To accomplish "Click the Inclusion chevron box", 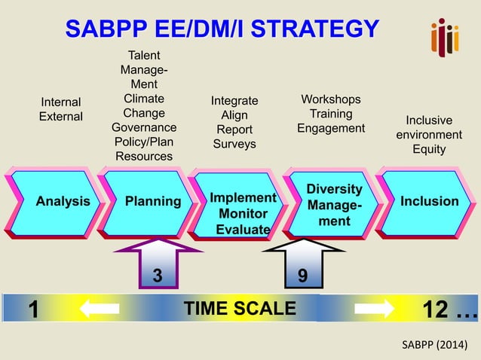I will [427, 202].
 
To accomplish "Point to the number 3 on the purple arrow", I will [157, 276].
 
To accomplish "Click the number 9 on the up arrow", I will [302, 276].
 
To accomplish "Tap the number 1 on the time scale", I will [34, 310].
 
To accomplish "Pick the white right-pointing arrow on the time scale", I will [374, 309].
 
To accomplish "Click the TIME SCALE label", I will [240, 309].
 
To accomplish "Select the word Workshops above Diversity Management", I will [330, 99].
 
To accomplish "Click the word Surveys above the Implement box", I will [234, 144].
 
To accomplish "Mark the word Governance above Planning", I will [144, 127].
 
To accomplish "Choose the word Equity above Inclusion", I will [429, 149].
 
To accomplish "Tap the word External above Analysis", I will [61, 117].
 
